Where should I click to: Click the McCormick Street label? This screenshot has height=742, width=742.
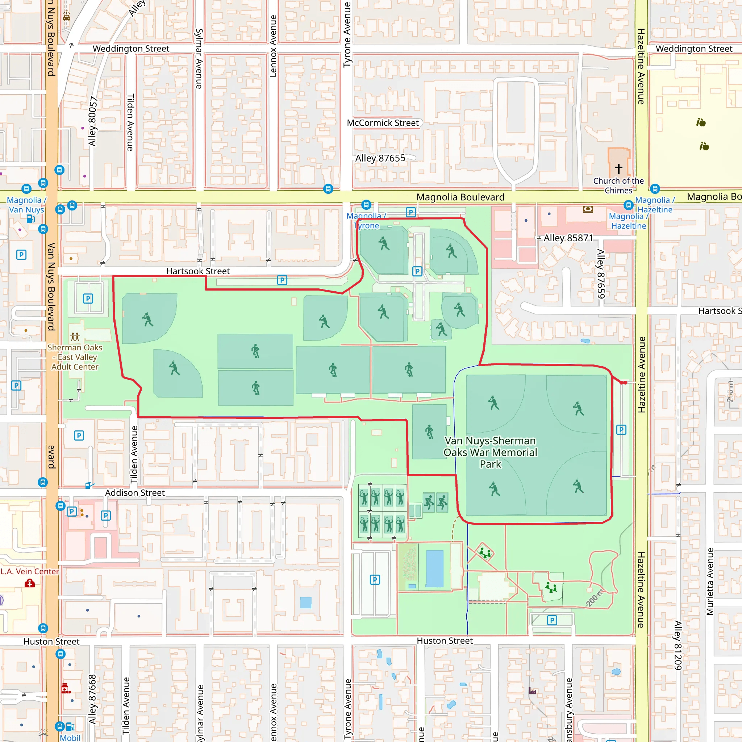tap(383, 123)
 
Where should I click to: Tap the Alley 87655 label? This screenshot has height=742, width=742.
tap(380, 158)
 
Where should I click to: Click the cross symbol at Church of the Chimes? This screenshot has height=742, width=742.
tap(619, 168)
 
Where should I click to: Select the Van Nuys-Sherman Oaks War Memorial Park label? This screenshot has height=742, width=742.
tap(491, 452)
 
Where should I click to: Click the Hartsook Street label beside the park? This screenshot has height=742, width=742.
tap(198, 271)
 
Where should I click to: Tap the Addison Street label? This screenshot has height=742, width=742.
tap(135, 493)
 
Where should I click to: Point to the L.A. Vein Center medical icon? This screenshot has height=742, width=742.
tap(30, 584)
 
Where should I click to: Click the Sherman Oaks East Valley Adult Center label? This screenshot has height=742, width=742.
tap(75, 357)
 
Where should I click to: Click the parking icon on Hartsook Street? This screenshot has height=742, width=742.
tap(282, 280)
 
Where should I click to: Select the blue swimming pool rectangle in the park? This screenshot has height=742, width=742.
tap(435, 569)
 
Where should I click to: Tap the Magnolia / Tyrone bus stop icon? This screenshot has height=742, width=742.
tap(366, 205)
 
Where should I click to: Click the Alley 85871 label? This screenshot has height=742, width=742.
tap(568, 238)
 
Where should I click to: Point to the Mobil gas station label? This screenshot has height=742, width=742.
tap(70, 738)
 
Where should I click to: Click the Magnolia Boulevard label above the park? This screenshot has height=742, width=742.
tap(460, 197)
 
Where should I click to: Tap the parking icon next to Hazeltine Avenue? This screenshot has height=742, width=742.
tap(621, 430)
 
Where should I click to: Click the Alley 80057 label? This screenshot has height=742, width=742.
tap(92, 121)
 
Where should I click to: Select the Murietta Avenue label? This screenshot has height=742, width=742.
tap(710, 581)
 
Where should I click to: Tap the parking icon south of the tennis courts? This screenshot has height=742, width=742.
tap(375, 580)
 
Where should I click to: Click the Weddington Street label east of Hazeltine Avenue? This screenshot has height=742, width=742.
tap(693, 49)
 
